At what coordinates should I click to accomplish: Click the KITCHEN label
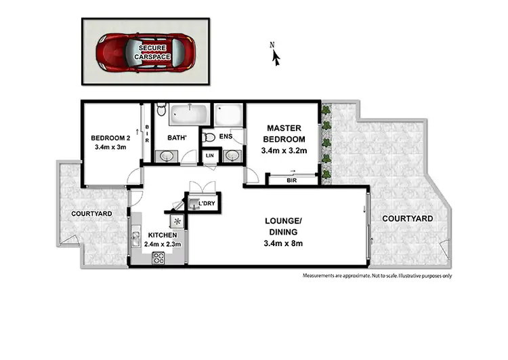(x=162, y=236)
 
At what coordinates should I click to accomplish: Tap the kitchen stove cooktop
(x=160, y=257)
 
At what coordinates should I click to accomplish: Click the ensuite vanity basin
(x=232, y=156)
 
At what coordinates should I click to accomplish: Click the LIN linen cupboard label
(x=211, y=156)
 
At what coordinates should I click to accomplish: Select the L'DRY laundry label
(x=205, y=203)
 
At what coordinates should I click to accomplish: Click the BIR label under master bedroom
(x=291, y=181)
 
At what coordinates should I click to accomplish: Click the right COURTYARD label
(x=407, y=218)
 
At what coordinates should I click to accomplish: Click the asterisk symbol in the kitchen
(x=178, y=221)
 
